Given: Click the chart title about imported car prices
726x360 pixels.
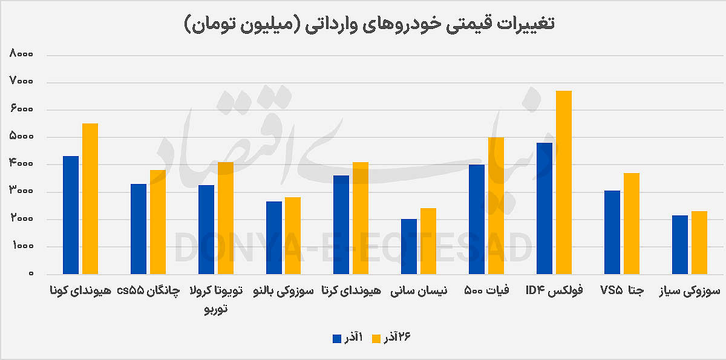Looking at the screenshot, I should (x=369, y=24).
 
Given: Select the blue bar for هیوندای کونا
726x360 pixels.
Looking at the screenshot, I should (x=71, y=215).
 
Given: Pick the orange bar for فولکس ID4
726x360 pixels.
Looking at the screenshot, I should (x=563, y=182).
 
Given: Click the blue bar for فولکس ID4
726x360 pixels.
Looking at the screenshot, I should (x=544, y=208).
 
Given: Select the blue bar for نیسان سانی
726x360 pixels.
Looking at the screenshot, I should (x=409, y=246).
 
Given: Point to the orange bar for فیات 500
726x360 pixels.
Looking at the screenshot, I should (x=496, y=206).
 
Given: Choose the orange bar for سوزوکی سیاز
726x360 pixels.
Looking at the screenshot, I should (x=699, y=242).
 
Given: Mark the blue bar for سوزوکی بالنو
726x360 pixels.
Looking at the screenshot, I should (x=274, y=237).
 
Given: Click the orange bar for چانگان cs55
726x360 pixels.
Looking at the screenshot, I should (x=157, y=222).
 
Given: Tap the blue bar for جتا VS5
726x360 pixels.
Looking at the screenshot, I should (x=612, y=232).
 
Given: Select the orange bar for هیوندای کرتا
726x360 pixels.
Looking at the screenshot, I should (x=361, y=218).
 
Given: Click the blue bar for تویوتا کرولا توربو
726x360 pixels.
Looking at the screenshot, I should (x=206, y=229).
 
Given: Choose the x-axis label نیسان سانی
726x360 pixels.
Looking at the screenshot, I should (x=423, y=291).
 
